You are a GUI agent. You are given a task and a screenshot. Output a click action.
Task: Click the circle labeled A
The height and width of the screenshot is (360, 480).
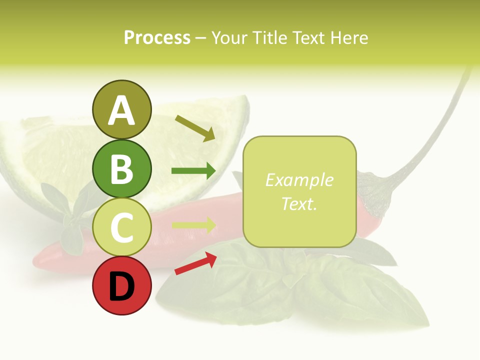[121, 109]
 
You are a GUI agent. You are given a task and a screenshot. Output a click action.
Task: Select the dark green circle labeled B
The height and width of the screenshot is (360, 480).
[121, 168]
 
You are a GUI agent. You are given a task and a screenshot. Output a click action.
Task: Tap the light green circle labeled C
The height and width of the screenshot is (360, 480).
[121, 227]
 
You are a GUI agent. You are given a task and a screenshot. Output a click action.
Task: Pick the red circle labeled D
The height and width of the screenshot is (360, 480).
[121, 286]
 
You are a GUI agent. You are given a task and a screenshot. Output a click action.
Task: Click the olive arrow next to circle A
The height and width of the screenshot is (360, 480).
[195, 128]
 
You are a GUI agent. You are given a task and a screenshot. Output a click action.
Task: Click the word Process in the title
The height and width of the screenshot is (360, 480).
[157, 37]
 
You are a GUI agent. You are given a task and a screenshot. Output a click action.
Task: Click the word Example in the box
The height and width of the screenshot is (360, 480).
[299, 180]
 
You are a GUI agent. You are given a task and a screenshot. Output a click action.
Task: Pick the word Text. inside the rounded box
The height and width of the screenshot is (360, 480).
[299, 203]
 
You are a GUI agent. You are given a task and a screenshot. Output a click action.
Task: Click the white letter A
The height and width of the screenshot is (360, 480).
[121, 110]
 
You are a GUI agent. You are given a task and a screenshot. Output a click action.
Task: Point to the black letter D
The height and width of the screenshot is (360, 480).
[121, 287]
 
